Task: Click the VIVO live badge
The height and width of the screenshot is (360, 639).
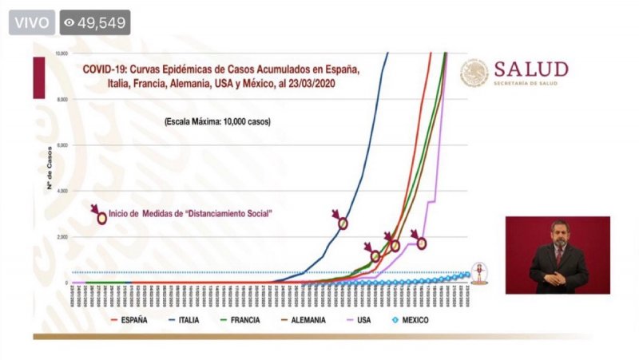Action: (31, 22)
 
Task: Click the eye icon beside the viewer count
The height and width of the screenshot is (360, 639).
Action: (69, 22)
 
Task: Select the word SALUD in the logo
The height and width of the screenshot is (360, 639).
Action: (530, 69)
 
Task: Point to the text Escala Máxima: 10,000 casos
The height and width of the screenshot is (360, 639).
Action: (218, 122)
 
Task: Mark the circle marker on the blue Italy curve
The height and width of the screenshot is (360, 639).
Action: (343, 224)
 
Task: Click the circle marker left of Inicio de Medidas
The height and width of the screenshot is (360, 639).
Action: (101, 218)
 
